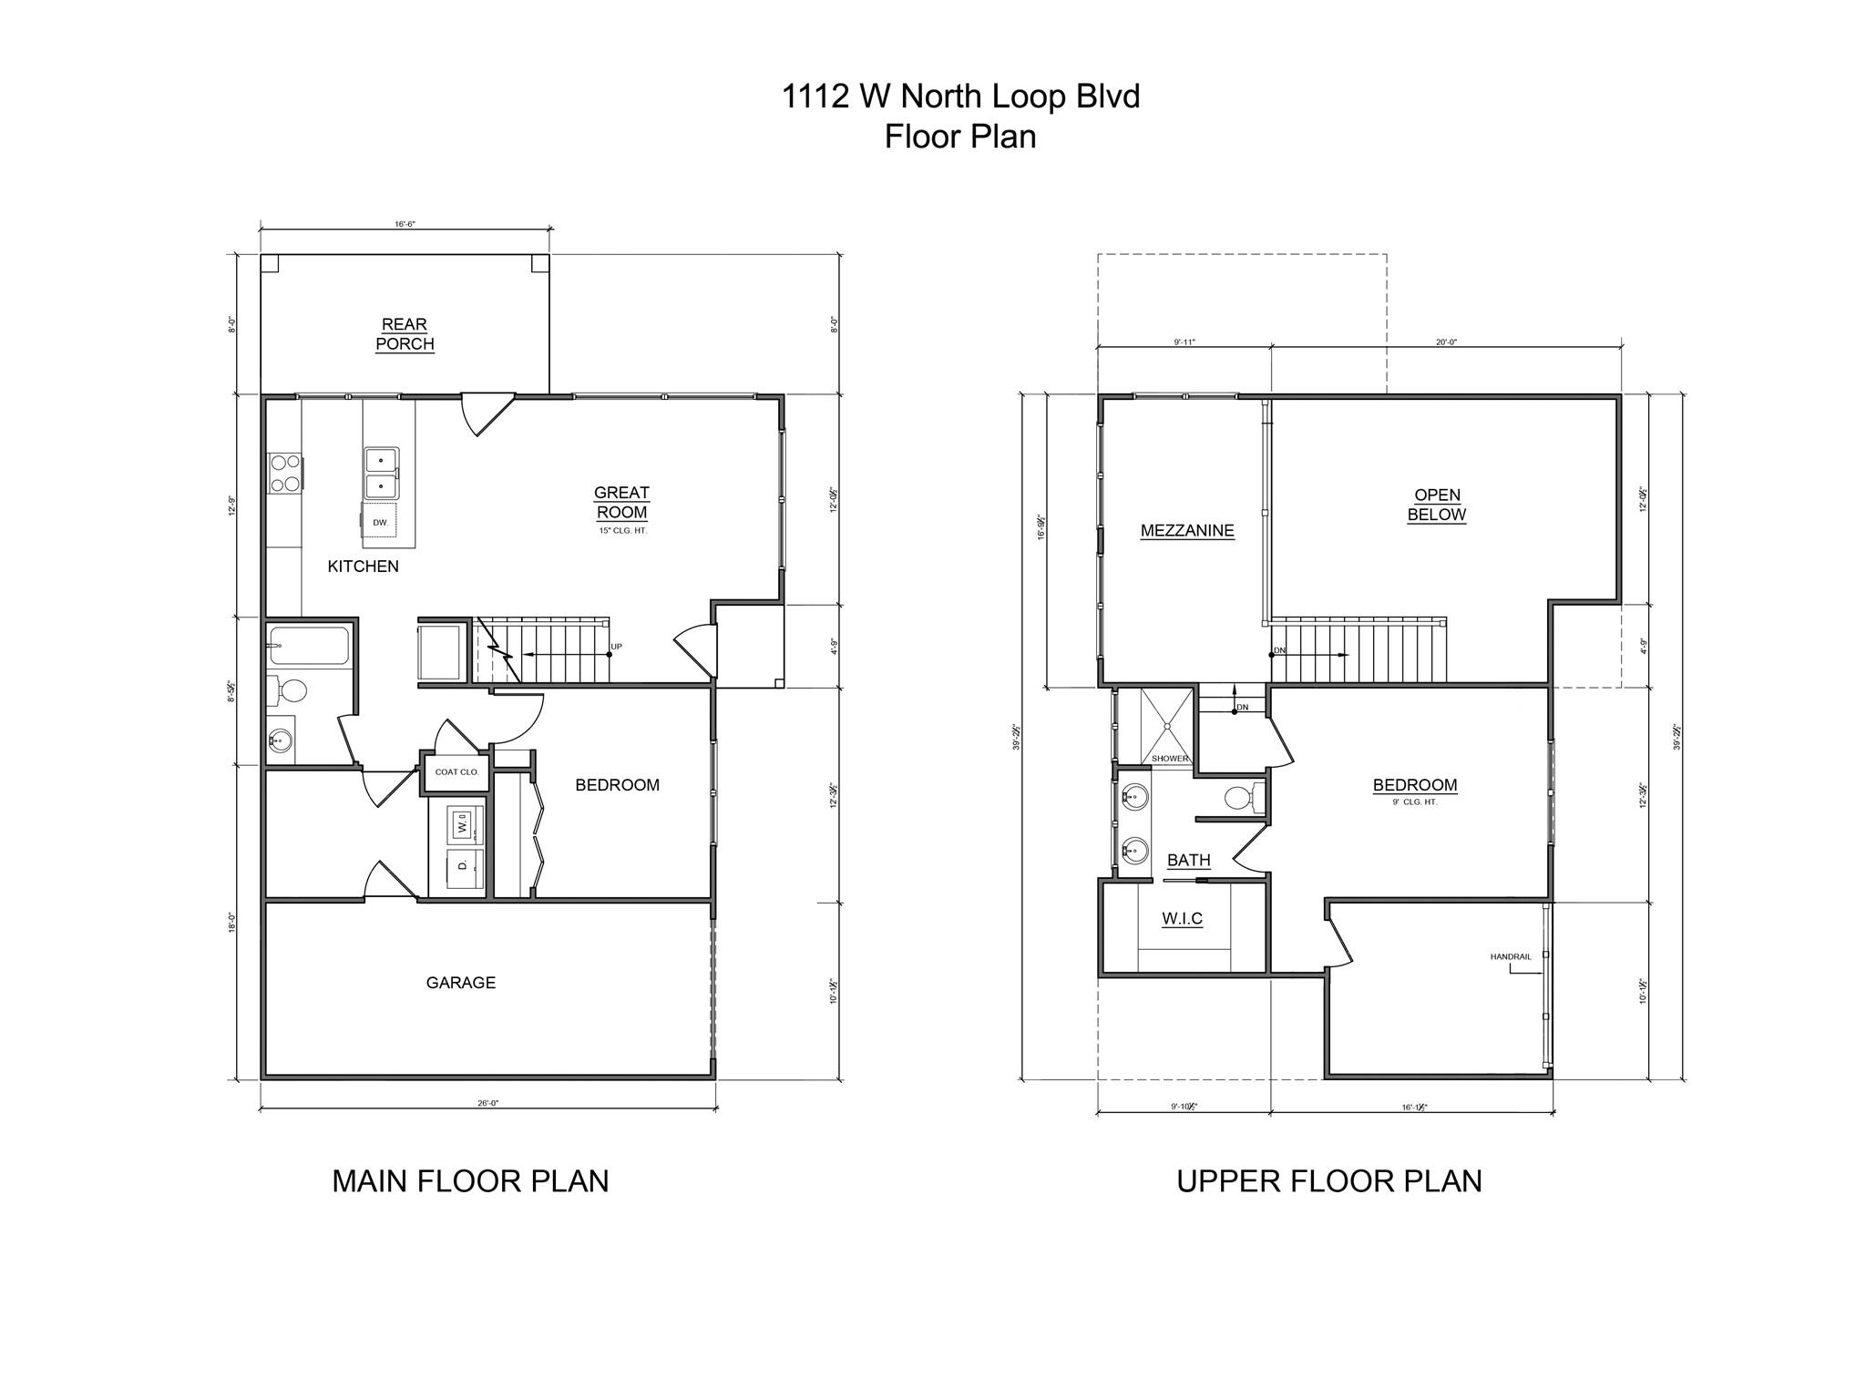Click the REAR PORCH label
[x=405, y=334]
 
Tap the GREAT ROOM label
[x=621, y=502]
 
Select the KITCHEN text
[x=363, y=567]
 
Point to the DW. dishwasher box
[x=381, y=522]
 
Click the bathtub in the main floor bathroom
[x=310, y=646]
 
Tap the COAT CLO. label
[x=456, y=772]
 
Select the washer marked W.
[x=463, y=825]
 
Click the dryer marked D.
[x=463, y=864]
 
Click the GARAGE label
[x=461, y=983]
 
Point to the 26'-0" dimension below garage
[x=488, y=1103]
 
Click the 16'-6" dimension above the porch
[x=405, y=223]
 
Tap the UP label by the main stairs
[x=617, y=647]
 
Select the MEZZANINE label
[x=1187, y=530]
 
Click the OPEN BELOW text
[x=1437, y=505]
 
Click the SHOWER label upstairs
[x=1169, y=758]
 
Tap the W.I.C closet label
[x=1182, y=918]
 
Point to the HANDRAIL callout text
[x=1510, y=956]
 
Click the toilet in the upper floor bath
[x=1239, y=798]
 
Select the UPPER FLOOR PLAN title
[x=1328, y=1180]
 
